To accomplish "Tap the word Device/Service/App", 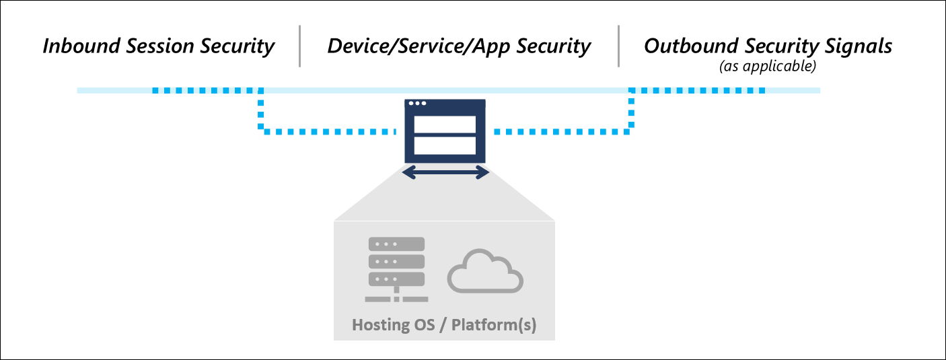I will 416,46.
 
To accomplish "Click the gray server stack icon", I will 396,269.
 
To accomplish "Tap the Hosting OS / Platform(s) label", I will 444,325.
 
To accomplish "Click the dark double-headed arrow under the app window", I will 445,173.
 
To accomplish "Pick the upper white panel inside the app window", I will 445,124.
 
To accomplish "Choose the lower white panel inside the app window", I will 445,146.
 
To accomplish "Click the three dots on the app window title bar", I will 417,104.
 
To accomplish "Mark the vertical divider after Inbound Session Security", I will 300,46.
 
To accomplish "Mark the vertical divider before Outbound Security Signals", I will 618,46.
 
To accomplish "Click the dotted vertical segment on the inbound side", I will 261,111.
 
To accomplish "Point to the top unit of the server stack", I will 396,244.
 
